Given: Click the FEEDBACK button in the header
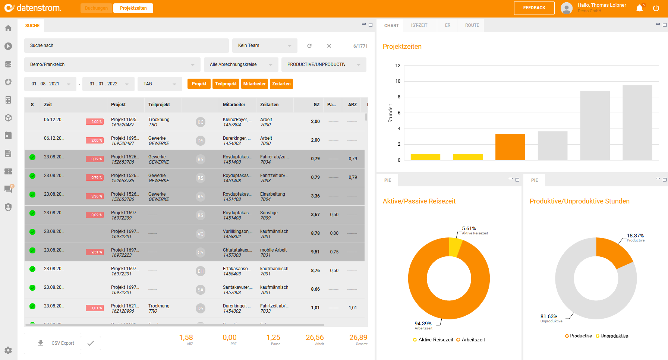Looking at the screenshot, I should (534, 8).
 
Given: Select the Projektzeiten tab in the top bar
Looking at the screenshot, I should (133, 8).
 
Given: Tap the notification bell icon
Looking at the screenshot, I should (640, 8).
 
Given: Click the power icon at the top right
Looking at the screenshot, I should (656, 8).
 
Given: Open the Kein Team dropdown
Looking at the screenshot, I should (264, 45).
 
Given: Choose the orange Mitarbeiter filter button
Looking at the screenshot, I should (254, 84).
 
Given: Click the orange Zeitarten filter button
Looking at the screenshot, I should (281, 84).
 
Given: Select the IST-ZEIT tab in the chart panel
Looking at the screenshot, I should (419, 25).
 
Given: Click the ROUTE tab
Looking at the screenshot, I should (472, 25).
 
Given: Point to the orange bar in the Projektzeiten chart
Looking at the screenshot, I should (510, 147).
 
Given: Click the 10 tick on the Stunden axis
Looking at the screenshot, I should (398, 81).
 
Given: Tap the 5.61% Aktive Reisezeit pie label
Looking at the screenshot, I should (469, 229).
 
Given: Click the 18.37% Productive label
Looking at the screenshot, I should (635, 236).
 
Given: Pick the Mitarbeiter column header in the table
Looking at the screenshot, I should (234, 105).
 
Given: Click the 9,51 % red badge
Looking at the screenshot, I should (95, 252).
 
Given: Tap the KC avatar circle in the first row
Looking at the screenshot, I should (201, 122).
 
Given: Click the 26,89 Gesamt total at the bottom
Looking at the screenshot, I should (358, 338).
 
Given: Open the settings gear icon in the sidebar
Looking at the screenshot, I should (8, 350).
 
